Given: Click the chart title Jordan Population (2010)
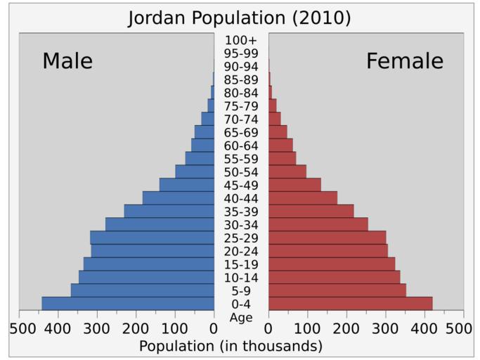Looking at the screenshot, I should [x=239, y=18].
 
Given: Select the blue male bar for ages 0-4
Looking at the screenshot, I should [x=128, y=303].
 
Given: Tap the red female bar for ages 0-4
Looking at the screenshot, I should [x=350, y=303].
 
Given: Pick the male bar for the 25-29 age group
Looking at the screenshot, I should [x=152, y=237].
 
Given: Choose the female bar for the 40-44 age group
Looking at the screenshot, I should [x=302, y=198].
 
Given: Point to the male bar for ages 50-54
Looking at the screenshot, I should [x=195, y=172].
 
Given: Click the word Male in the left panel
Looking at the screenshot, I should [x=67, y=61].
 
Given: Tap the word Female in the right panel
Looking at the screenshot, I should [x=405, y=61].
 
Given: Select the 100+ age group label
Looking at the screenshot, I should [x=241, y=40].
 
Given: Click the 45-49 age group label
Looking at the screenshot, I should [x=241, y=185].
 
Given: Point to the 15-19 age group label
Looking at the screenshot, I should [x=241, y=264].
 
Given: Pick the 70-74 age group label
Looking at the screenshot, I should [x=241, y=120].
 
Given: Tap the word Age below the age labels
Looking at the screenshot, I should [x=241, y=318].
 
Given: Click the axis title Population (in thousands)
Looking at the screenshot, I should [x=231, y=347].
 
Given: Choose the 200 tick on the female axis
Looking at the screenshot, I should [x=346, y=328].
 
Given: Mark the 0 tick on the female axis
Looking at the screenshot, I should [x=268, y=328].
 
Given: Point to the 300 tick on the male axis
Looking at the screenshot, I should [x=98, y=328].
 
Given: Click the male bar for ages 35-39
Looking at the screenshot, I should [x=169, y=211].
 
